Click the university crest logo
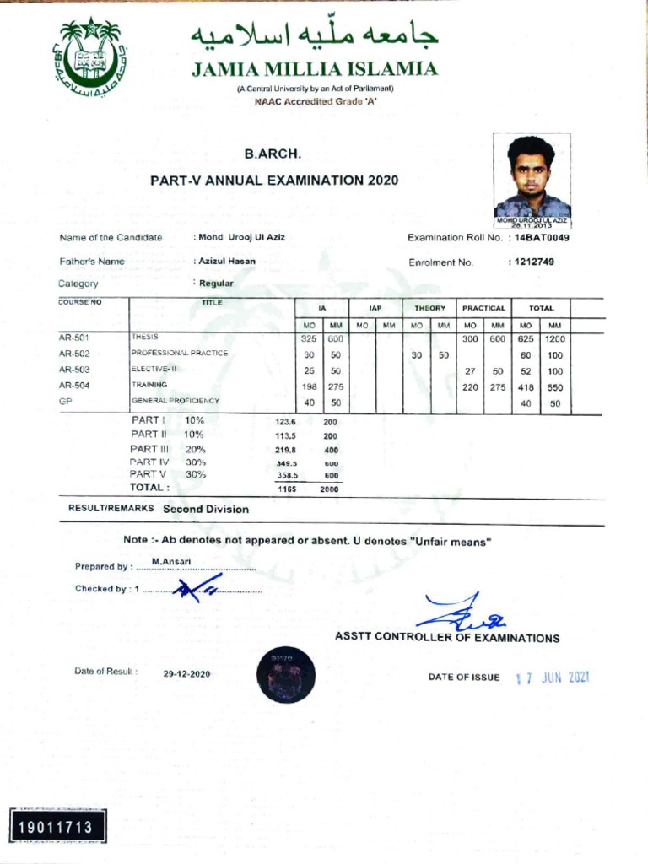[90, 57]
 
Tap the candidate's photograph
[532, 176]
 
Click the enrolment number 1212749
[531, 262]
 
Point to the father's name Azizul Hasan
[227, 262]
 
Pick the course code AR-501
[74, 337]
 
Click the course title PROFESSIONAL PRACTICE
[180, 354]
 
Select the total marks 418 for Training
[526, 386]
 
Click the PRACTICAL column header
[483, 309]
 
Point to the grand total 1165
[286, 489]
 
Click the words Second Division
[206, 510]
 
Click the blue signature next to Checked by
[196, 590]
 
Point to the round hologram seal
[286, 674]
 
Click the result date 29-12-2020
[186, 673]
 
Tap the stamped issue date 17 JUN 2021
[551, 678]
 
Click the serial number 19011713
[58, 823]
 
